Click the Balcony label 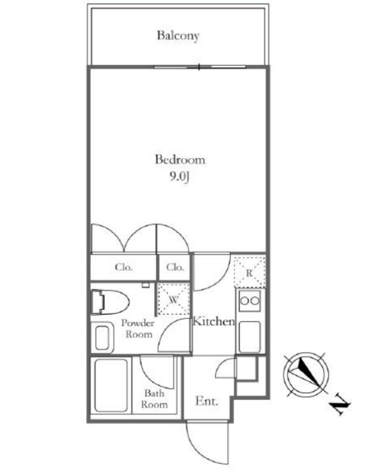tap(178, 36)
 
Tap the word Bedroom tap(180, 159)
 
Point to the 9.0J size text tap(180, 177)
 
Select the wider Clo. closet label tap(123, 267)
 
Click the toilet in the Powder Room tap(110, 302)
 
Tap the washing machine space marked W tap(174, 299)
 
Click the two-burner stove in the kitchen tap(250, 301)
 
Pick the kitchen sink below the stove tap(249, 337)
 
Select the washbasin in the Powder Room tap(102, 337)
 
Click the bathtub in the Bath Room tap(111, 385)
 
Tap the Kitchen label tap(213, 321)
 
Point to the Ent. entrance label tap(206, 401)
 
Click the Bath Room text tap(154, 399)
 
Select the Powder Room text tap(138, 328)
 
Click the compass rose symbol tap(306, 374)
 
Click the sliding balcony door tap(200, 67)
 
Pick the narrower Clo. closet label tap(175, 267)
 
